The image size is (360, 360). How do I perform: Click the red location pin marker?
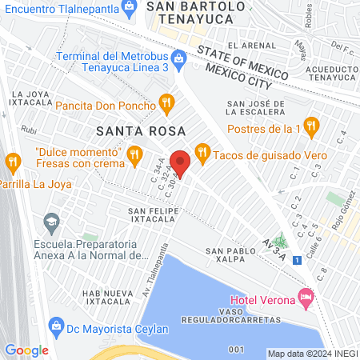(x=180, y=162)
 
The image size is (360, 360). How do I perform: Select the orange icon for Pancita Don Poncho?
(x=166, y=102)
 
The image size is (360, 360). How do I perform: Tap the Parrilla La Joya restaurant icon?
(x=12, y=162)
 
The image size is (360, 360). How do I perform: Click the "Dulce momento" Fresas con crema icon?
(x=135, y=152)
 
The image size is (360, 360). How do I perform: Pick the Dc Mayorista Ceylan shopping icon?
(x=56, y=325)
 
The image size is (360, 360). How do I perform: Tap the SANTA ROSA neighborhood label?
(x=141, y=130)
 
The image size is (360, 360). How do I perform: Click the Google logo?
(x=26, y=350)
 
